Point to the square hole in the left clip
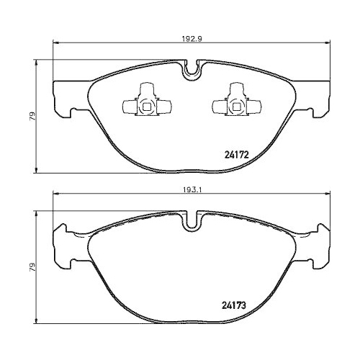pyautogui.click(x=146, y=109)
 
